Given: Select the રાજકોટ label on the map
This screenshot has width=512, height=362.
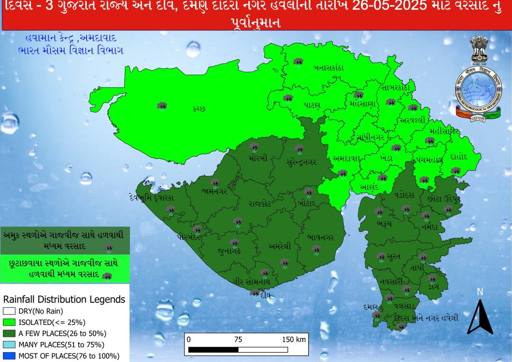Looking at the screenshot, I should (260, 204).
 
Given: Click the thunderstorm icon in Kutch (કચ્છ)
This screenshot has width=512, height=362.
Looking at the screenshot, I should (162, 106).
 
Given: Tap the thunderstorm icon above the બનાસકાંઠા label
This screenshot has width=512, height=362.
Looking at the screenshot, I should (298, 62).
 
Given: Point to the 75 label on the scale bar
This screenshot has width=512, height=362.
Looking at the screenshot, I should (238, 339).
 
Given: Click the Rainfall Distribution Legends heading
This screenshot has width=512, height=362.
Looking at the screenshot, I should (64, 299).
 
